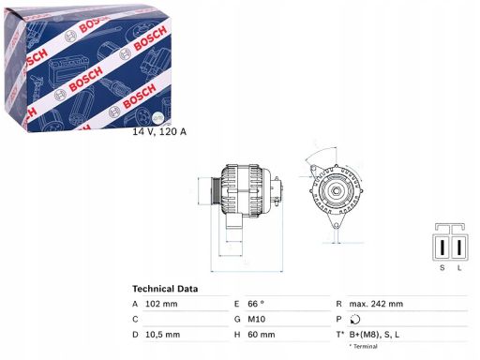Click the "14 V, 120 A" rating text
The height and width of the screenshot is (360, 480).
pyautogui.click(x=159, y=131)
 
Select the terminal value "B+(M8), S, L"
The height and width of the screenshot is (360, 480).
pyautogui.click(x=400, y=334)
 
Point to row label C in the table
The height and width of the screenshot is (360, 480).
pyautogui.click(x=135, y=319)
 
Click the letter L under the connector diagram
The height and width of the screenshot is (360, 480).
pyautogui.click(x=459, y=267)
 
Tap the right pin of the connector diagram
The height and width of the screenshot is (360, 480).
pyautogui.click(x=459, y=246)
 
